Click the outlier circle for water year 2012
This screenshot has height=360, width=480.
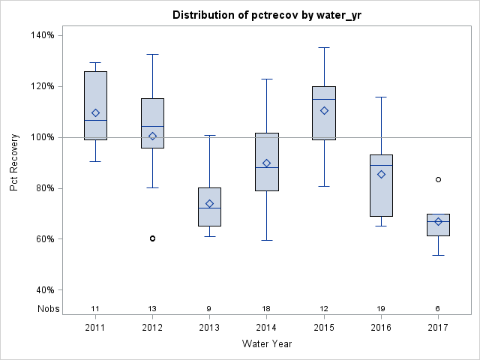coord(152,238)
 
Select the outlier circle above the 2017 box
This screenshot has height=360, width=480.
coord(438,179)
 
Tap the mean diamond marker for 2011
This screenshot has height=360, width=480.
coord(95,113)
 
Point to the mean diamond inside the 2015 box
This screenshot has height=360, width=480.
coord(324,110)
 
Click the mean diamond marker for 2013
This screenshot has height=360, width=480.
coord(209,203)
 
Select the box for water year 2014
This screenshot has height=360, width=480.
coord(266,162)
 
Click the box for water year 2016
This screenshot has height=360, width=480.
coord(381,185)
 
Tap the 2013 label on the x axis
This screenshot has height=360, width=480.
coord(209,327)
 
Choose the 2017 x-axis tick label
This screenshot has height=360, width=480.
coord(438,327)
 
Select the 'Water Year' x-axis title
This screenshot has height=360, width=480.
coord(266,344)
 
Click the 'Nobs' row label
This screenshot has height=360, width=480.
coord(47,309)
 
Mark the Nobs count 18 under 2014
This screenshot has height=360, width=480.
coord(266,309)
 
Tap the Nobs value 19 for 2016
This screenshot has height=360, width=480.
coord(381,309)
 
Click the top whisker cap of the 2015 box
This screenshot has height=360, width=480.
coord(324,47)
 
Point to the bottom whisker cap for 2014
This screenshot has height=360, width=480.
coord(266,240)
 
